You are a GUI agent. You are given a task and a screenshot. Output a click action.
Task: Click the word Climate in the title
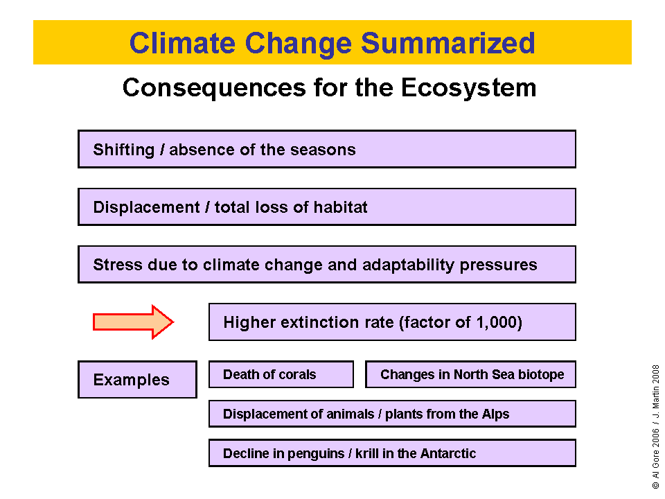coord(182,43)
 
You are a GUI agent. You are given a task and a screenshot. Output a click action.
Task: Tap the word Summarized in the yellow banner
coord(448,43)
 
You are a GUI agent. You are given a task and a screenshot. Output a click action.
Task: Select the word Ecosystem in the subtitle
coord(469,88)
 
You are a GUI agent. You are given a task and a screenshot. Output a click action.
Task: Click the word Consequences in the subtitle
coord(214,88)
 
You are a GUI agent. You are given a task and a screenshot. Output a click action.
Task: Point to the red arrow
coord(133,322)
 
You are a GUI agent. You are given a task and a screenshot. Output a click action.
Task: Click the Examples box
coord(137,379)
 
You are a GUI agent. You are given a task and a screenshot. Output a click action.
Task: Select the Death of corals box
coord(281,374)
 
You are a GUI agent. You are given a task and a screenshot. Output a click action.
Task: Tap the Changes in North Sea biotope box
coord(471,374)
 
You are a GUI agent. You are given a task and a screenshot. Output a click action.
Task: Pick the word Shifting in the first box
coord(124,150)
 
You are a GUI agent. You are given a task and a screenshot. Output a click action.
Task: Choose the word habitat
coord(340,207)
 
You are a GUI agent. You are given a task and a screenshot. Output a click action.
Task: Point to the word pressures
coord(498,265)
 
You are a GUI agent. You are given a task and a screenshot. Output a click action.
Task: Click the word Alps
coord(495,414)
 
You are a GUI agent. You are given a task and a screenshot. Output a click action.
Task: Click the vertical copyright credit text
coord(656,426)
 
